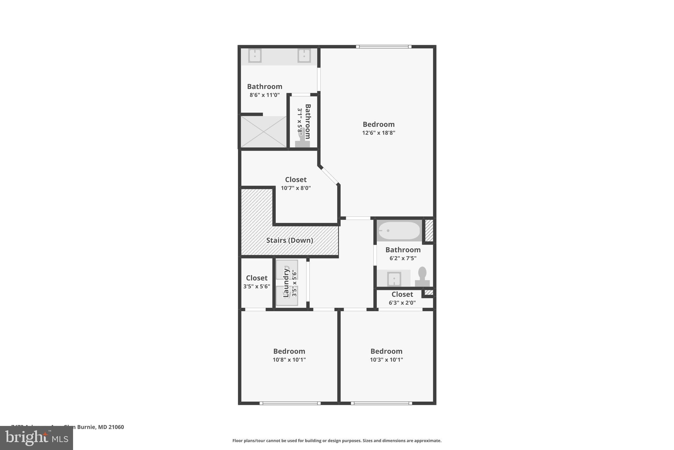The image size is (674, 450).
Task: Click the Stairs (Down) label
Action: tap(289, 240)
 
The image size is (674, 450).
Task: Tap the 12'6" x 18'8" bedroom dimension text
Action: tap(378, 133)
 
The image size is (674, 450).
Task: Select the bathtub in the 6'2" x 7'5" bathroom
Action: tap(399, 230)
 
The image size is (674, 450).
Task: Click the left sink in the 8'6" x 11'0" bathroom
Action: tap(255, 56)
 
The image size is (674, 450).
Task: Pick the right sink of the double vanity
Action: tap(304, 56)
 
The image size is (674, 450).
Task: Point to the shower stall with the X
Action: tap(264, 132)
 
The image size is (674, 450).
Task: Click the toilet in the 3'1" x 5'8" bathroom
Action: tap(302, 140)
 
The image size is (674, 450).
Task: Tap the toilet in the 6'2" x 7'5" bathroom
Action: tap(422, 277)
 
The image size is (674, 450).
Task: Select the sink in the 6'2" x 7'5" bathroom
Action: tap(394, 279)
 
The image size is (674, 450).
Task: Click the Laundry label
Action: tap(286, 283)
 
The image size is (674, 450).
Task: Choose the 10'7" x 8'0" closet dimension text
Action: tap(296, 188)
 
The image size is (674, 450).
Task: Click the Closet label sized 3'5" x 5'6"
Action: tap(257, 278)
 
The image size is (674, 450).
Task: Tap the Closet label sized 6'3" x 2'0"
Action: tap(402, 294)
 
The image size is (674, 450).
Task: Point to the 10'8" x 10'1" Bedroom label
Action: tap(289, 351)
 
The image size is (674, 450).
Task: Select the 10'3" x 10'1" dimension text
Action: tap(386, 360)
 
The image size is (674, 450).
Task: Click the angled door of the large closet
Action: tap(329, 176)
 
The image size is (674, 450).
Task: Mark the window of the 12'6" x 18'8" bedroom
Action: tap(384, 47)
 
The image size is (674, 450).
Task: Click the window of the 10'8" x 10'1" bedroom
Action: tap(290, 403)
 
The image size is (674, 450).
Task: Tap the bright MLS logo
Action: tap(37, 438)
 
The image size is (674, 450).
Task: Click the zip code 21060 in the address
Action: tap(116, 427)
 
